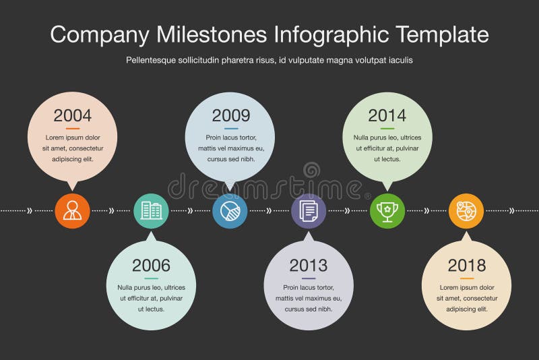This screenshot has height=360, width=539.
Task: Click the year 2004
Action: (x=73, y=115)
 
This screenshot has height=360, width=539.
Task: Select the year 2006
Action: (x=151, y=266)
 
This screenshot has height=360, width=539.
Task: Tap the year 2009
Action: (x=230, y=115)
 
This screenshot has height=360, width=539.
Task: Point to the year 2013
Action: (x=309, y=266)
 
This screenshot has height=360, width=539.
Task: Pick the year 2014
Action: (x=387, y=115)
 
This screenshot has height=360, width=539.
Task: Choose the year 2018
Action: (x=466, y=266)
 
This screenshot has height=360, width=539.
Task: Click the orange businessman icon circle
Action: (x=72, y=211)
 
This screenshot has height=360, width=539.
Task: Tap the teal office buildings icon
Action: (x=151, y=211)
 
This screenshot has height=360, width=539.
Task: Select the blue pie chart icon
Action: (x=230, y=211)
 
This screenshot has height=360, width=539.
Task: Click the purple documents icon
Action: (x=309, y=211)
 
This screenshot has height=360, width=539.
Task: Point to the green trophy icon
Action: (x=387, y=211)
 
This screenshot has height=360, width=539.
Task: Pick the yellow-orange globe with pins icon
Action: (x=466, y=211)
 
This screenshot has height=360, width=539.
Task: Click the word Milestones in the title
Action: (x=212, y=34)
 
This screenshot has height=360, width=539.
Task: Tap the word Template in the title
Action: (x=442, y=35)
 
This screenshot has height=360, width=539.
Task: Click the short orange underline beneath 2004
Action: (x=73, y=129)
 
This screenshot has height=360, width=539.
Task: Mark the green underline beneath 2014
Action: (x=387, y=129)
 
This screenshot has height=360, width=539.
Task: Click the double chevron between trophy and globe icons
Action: (x=426, y=210)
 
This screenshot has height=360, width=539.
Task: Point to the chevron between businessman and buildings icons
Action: (x=111, y=210)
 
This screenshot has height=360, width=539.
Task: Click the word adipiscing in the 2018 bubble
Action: (x=459, y=309)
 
